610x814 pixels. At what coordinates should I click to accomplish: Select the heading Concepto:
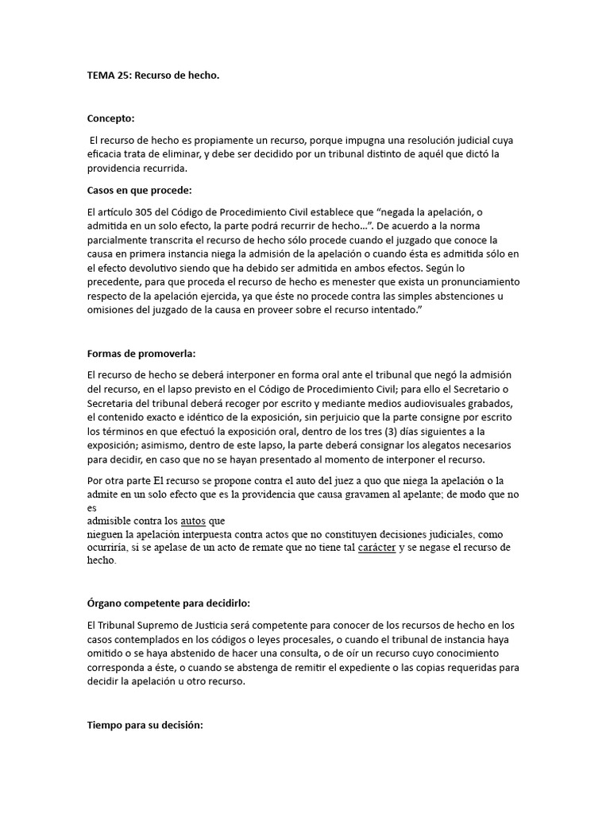coord(111,118)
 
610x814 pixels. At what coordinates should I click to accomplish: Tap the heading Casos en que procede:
coord(140,191)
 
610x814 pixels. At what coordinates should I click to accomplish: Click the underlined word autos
coord(192,521)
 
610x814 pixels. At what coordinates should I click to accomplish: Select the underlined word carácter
coord(377,548)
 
